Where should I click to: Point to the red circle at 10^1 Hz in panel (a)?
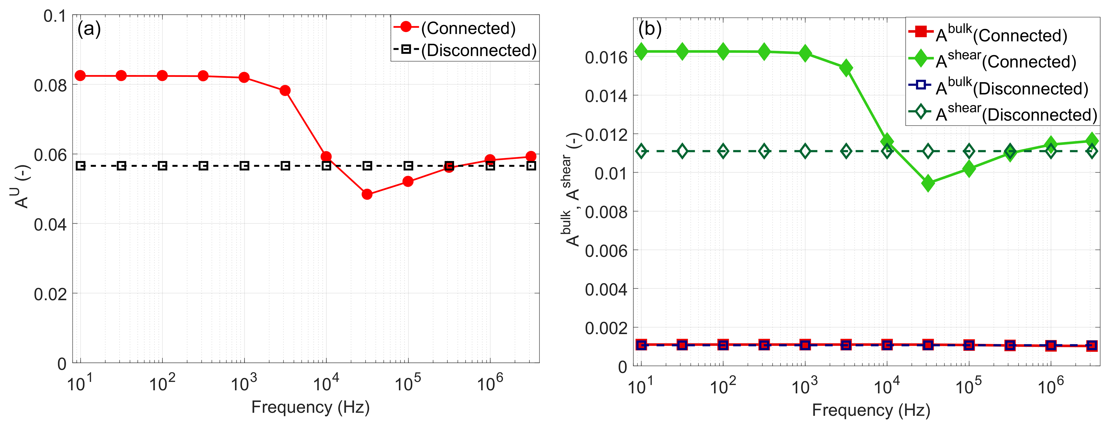tap(80, 76)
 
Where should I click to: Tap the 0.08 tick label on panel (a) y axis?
tap(50, 85)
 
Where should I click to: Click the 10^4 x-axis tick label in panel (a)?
tap(326, 383)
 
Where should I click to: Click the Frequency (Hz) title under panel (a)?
tap(310, 407)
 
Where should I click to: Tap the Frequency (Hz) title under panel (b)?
tap(871, 410)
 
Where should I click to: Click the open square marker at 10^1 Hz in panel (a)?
tap(81, 165)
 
